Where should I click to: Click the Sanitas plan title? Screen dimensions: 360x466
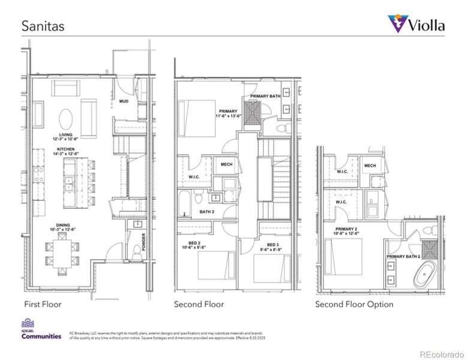point(43,26)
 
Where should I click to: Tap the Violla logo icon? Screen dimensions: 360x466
point(396,24)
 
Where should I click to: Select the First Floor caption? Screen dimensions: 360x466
point(43,304)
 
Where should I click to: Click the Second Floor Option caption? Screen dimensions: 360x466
point(354,304)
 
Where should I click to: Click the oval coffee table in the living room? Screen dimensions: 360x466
point(67,116)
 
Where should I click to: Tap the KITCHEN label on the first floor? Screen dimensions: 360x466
point(67,149)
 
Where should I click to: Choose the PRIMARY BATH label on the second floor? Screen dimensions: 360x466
point(265,96)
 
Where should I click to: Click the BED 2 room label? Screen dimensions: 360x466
point(194,243)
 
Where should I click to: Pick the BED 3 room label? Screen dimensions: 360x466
point(273,245)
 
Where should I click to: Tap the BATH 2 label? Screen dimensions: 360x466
point(207,212)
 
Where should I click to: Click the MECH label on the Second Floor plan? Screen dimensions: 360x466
point(227,164)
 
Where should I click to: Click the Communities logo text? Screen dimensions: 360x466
point(41,336)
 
